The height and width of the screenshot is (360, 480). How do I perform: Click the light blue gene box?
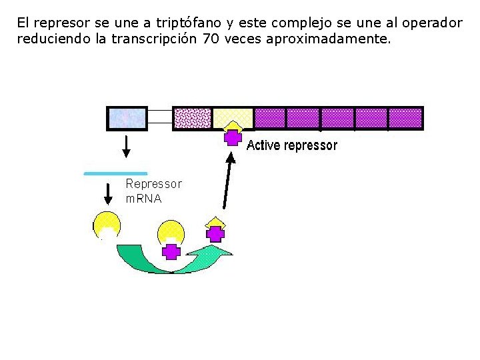coord(127,118)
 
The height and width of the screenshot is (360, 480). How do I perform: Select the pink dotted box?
coord(192,118)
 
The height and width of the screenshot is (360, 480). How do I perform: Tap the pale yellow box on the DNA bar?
coord(233,115)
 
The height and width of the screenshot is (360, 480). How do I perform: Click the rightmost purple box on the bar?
coord(405,118)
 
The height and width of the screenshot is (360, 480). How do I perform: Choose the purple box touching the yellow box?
coord(270,118)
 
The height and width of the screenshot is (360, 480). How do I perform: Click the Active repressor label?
coord(292,145)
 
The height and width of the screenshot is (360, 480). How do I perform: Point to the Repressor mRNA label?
coord(153,191)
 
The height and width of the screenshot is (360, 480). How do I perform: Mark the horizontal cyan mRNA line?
coord(115,173)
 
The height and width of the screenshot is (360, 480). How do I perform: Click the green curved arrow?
coord(173,260)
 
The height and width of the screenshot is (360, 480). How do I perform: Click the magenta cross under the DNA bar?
coord(233,137)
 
